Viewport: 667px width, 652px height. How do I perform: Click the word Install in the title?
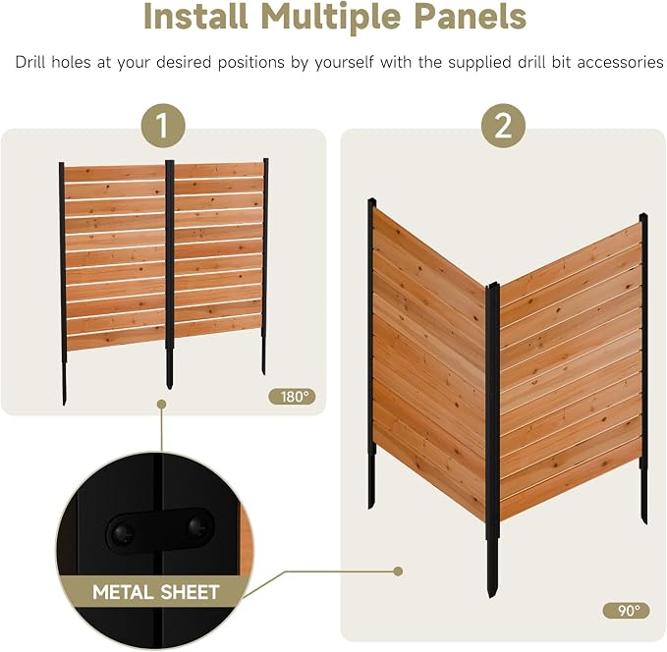pyautogui.click(x=195, y=16)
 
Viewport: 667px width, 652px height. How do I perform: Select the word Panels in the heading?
pyautogui.click(x=471, y=16)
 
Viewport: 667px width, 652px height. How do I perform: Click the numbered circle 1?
pyautogui.click(x=163, y=126)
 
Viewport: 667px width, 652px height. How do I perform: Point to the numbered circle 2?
pyautogui.click(x=503, y=126)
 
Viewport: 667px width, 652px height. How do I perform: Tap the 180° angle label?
pyautogui.click(x=292, y=397)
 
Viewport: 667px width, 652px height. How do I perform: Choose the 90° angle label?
pyautogui.click(x=626, y=611)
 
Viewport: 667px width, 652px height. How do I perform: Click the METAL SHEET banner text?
pyautogui.click(x=155, y=592)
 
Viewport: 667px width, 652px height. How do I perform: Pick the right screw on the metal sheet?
pyautogui.click(x=197, y=526)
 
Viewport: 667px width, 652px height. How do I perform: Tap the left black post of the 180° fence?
pyautogui.click(x=63, y=284)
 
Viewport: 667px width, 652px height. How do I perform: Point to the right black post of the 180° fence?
pyautogui.click(x=265, y=267)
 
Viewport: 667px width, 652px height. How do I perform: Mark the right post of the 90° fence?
pyautogui.click(x=643, y=369)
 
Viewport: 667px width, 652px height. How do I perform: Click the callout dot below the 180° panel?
pyautogui.click(x=161, y=404)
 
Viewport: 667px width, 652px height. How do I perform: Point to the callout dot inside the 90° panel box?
pyautogui.click(x=398, y=571)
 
